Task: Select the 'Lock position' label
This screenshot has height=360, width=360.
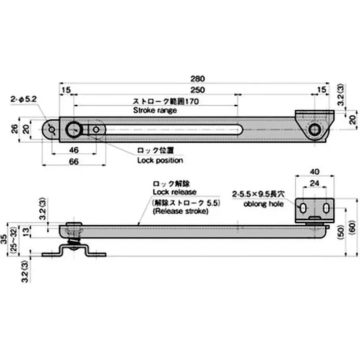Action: click(160, 160)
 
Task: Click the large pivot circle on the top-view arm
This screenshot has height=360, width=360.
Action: click(73, 130)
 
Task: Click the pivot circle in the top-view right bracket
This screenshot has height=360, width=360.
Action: click(315, 130)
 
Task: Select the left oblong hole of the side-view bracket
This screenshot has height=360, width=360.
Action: click(304, 208)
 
